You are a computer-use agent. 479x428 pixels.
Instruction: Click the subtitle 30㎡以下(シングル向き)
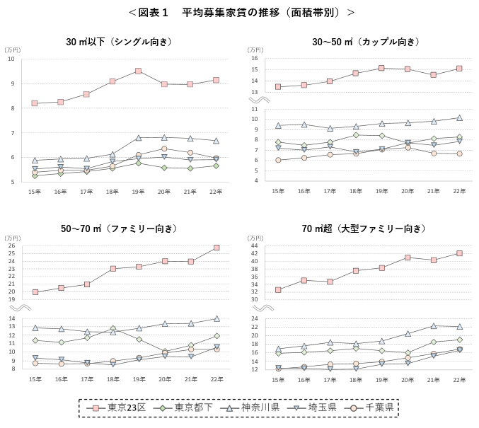pyautogui.click(x=119, y=42)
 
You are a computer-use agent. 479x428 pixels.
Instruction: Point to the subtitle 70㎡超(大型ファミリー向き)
pyautogui.click(x=364, y=229)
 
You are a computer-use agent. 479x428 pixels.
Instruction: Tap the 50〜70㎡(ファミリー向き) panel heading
pyautogui.click(x=119, y=229)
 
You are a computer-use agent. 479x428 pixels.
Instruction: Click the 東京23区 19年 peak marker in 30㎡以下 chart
pyautogui.click(x=138, y=71)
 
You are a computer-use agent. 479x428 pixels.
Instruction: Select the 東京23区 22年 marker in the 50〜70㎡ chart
pyautogui.click(x=216, y=248)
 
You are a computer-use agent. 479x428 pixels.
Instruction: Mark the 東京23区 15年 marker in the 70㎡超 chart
pyautogui.click(x=278, y=289)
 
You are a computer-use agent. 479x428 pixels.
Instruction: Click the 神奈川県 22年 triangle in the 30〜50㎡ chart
pyautogui.click(x=459, y=117)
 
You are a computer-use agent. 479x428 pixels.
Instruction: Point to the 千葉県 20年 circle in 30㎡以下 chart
pyautogui.click(x=164, y=149)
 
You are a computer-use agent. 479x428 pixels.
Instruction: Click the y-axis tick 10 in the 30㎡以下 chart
pyautogui.click(x=11, y=59)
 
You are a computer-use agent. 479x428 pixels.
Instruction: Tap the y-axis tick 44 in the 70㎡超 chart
pyautogui.click(x=253, y=245)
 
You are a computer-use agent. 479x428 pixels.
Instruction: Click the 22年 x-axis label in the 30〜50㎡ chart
pyautogui.click(x=459, y=191)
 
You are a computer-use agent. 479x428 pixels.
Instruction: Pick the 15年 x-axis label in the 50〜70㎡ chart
pyautogui.click(x=35, y=379)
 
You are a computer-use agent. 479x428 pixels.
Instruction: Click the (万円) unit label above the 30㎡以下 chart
pyautogui.click(x=13, y=50)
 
